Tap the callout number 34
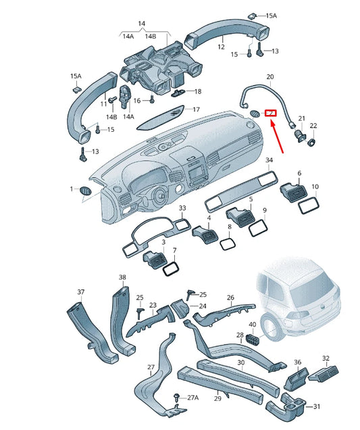point(269,160)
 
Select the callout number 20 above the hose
point(270,77)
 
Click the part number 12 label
point(221,48)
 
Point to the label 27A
point(192,398)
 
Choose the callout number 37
point(80,292)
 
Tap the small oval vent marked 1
point(85,192)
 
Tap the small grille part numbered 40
point(253,338)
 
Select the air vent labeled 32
point(325,373)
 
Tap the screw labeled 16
point(151,101)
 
